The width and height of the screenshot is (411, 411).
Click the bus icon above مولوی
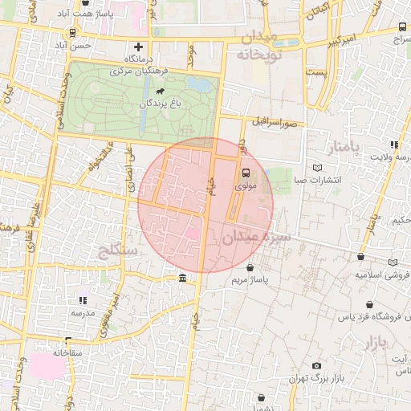click(246, 172)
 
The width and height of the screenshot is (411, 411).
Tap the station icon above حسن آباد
click(74, 34)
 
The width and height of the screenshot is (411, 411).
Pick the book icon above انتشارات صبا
click(319, 166)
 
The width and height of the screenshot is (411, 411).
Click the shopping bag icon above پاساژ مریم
click(251, 267)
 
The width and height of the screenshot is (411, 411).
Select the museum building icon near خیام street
click(184, 279)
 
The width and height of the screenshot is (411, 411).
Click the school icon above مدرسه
click(81, 299)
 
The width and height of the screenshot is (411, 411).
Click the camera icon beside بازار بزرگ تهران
click(316, 366)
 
